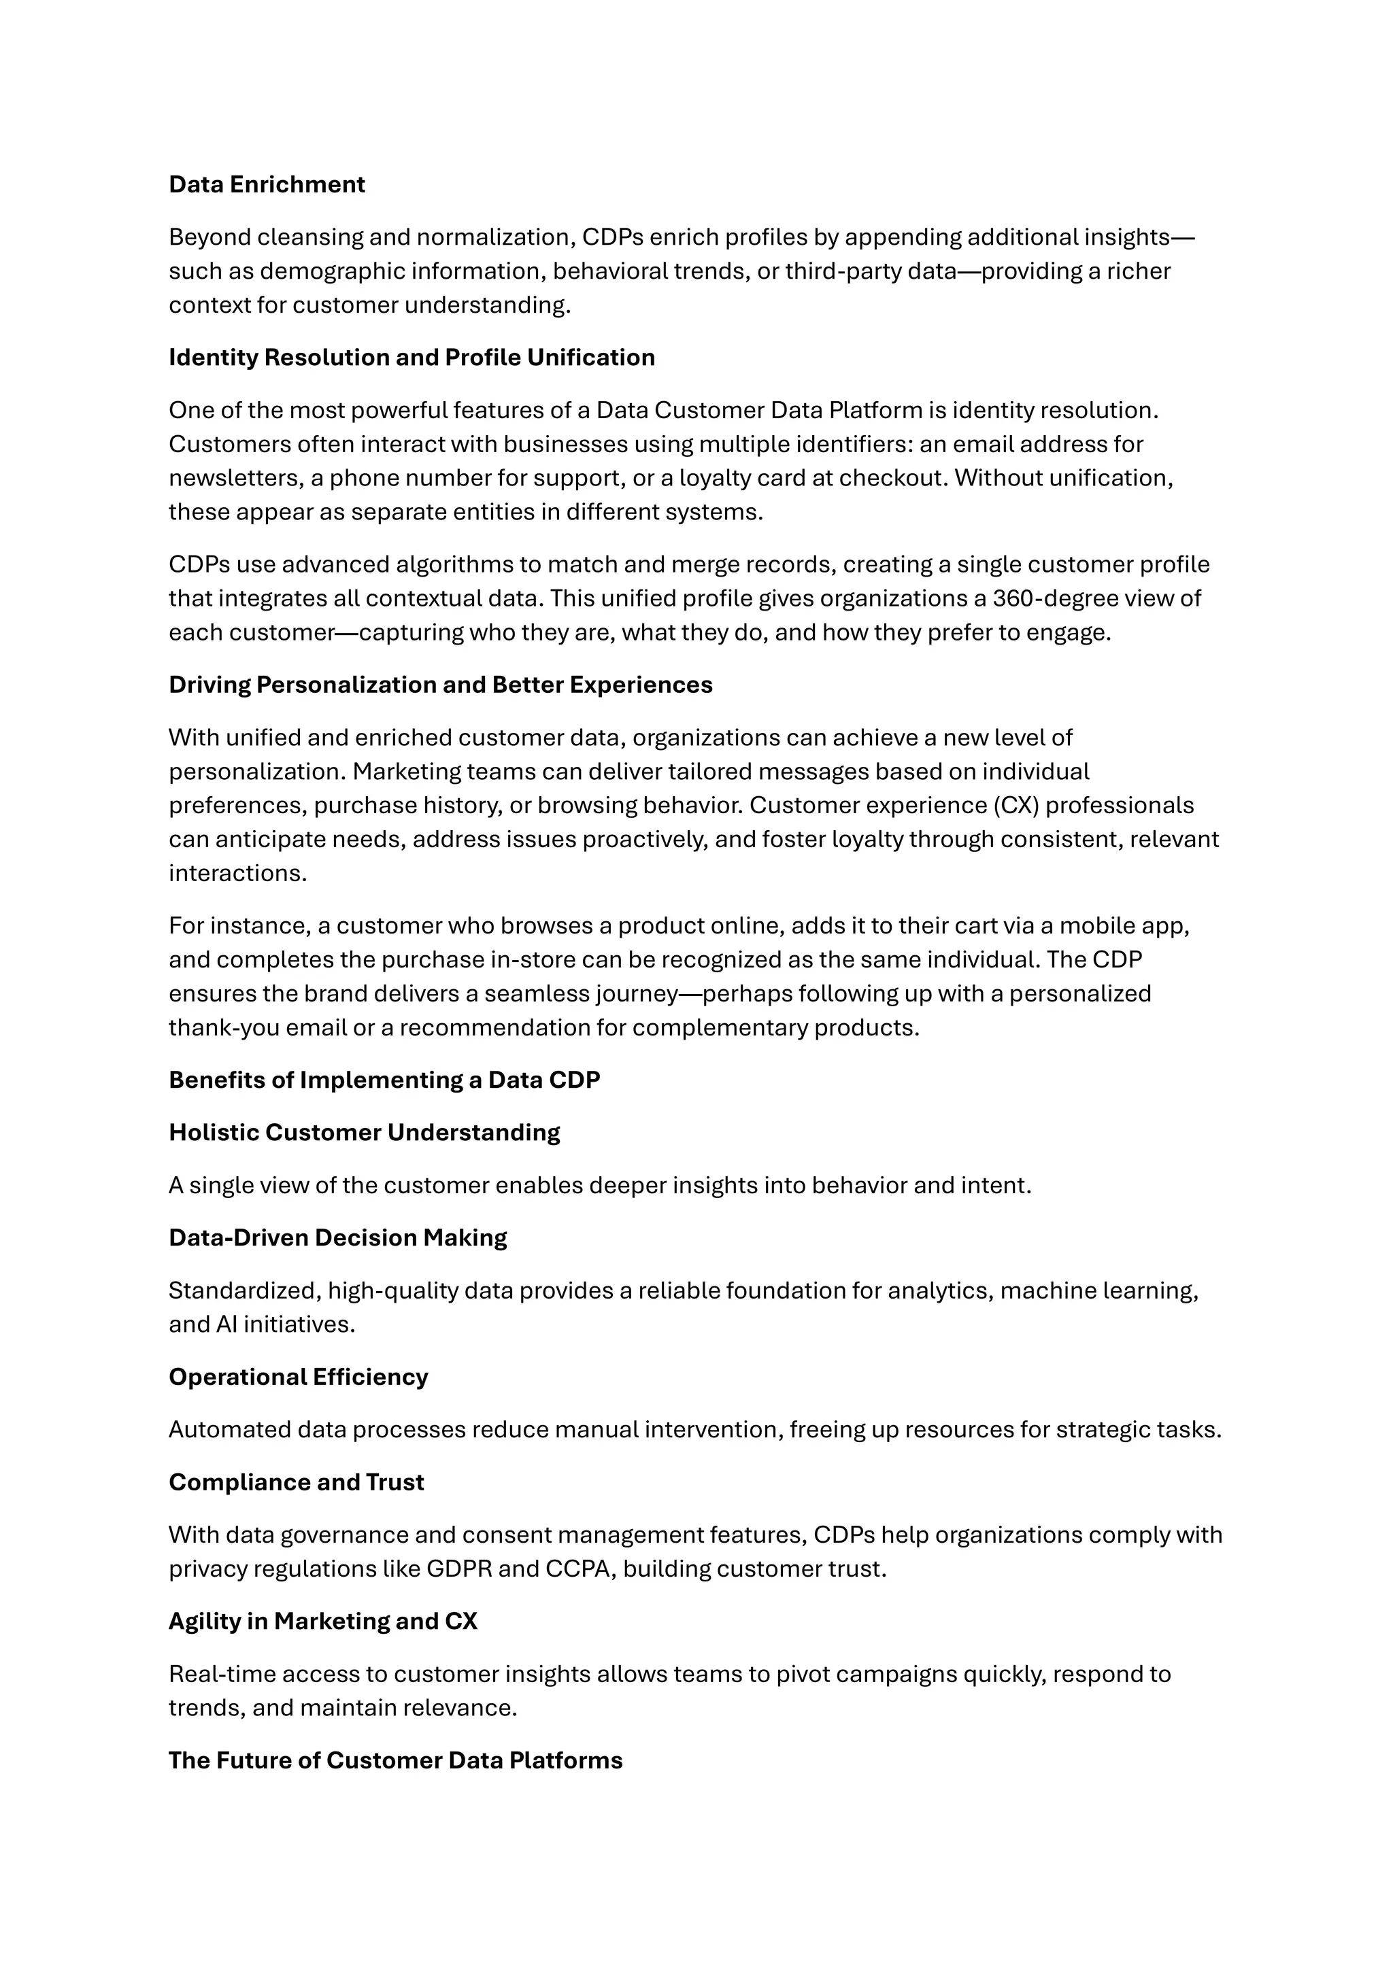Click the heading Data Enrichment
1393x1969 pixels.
(267, 184)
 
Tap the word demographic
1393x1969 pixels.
(316, 271)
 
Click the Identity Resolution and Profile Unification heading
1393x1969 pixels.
(412, 358)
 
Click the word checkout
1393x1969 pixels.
(893, 478)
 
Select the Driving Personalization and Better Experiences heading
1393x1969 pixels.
(440, 685)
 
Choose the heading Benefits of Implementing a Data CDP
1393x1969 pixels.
(384, 1080)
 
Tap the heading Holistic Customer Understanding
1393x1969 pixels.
(364, 1133)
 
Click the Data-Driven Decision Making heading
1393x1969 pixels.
(338, 1237)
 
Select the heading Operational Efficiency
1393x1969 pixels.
(299, 1376)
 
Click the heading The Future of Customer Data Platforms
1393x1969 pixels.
(395, 1760)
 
